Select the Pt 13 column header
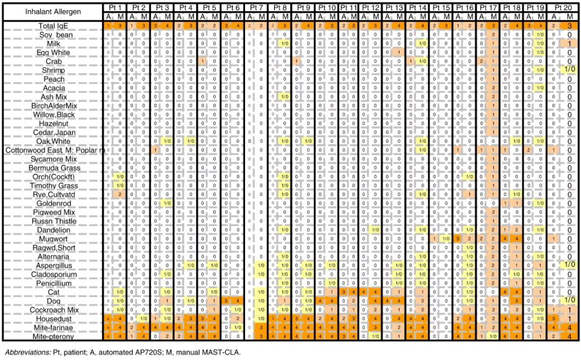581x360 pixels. tap(398, 7)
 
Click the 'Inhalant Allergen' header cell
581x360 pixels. tap(53, 11)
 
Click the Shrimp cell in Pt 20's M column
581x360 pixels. tap(569, 70)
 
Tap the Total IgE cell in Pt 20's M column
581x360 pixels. tap(569, 26)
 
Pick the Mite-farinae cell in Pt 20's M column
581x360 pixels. tap(569, 328)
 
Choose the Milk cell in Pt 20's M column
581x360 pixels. tap(569, 44)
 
